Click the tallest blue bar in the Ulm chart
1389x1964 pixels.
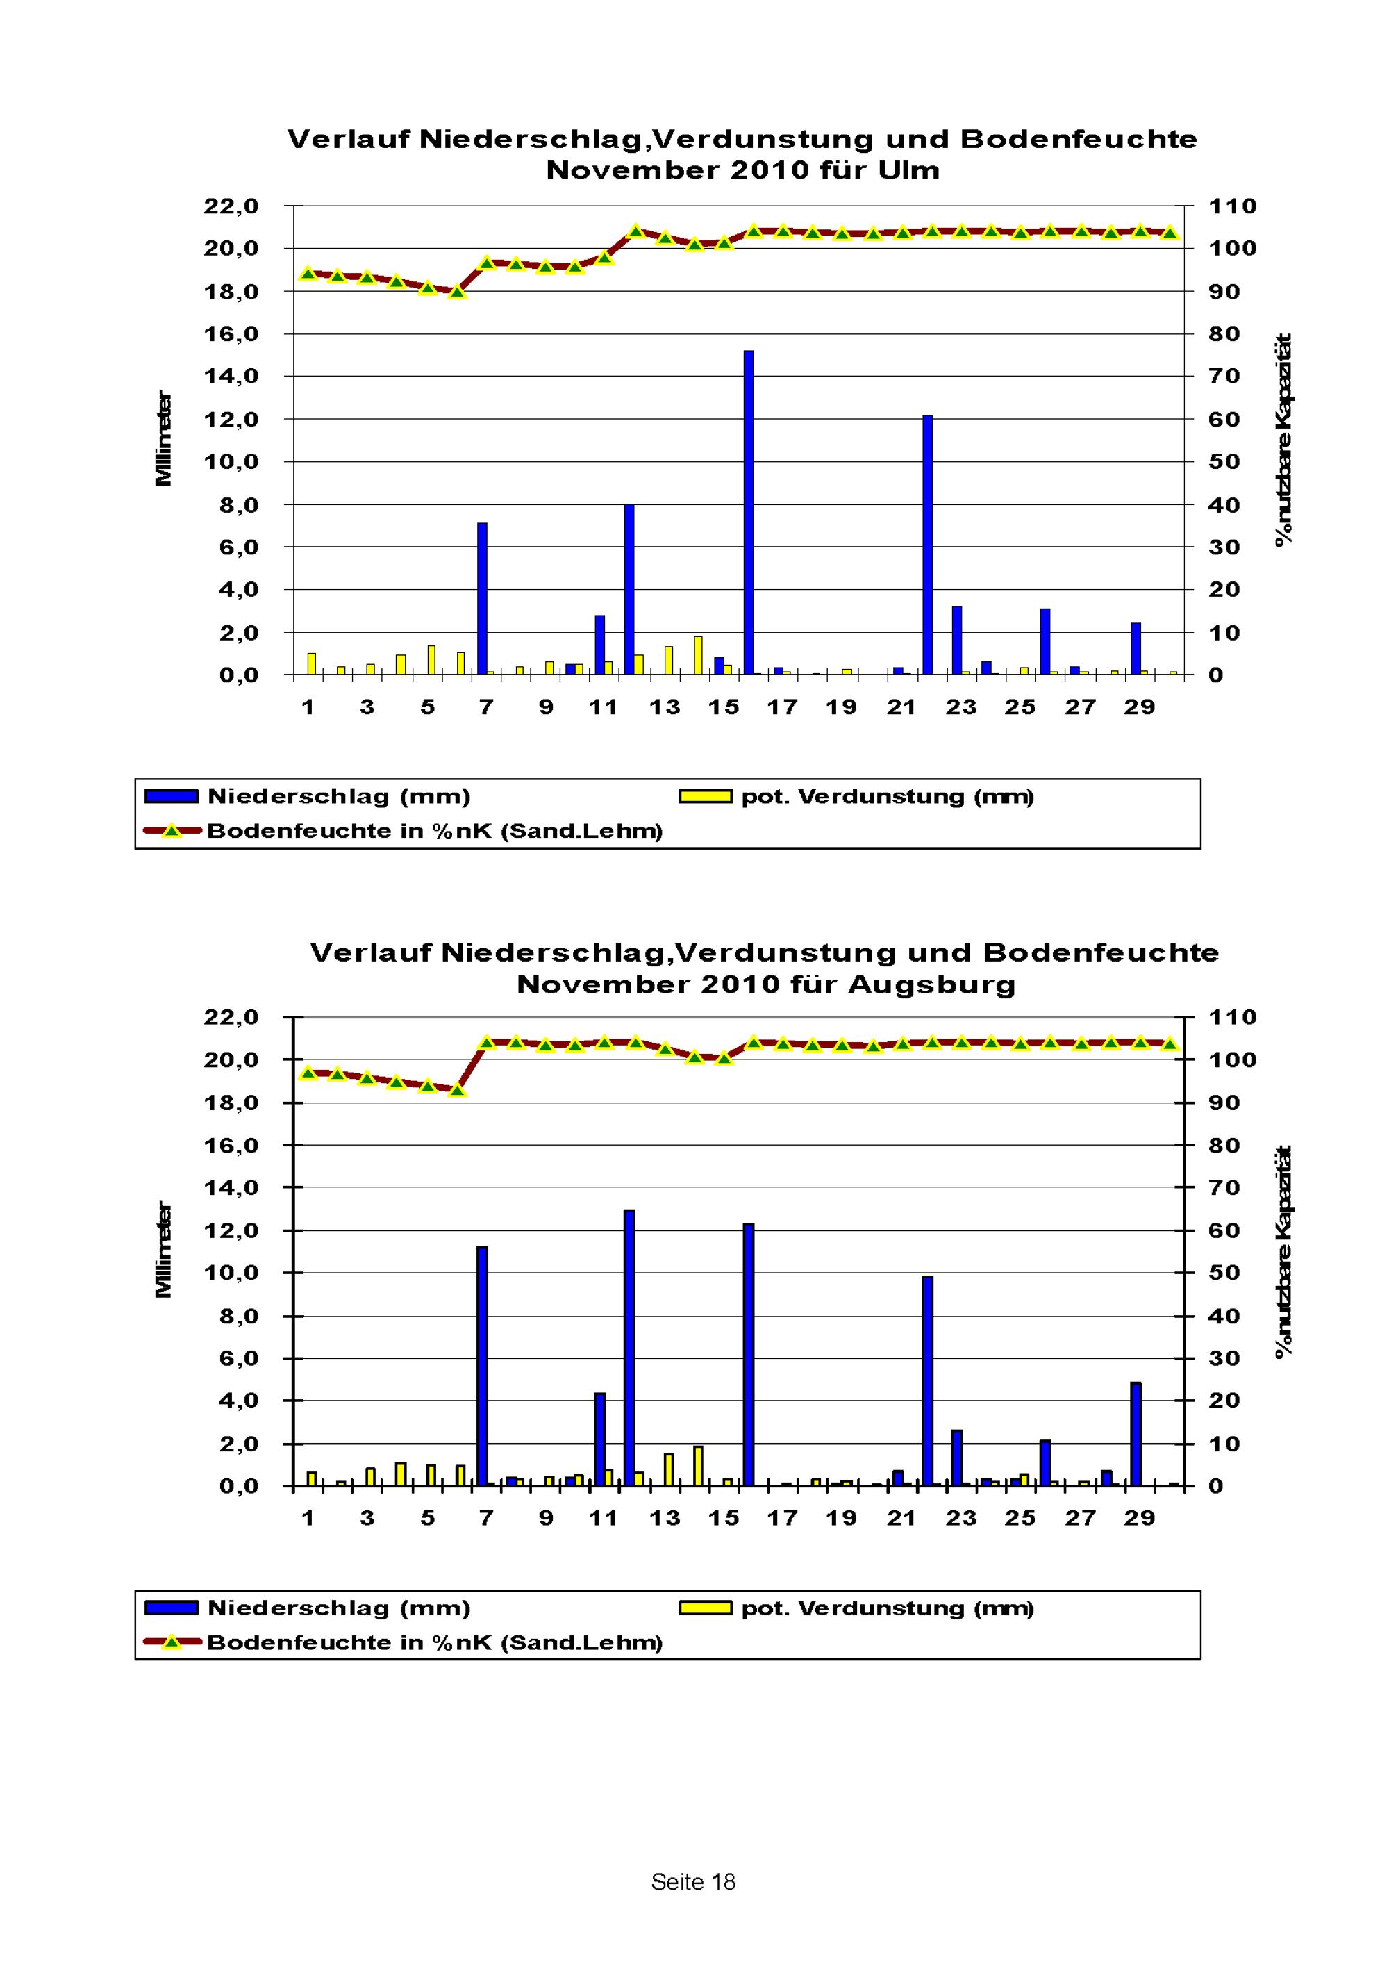tap(749, 513)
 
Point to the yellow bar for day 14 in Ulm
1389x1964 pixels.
tap(698, 655)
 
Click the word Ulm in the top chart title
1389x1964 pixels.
tap(908, 170)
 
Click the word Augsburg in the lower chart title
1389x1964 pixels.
tap(931, 984)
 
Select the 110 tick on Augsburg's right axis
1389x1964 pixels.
tap(1231, 1018)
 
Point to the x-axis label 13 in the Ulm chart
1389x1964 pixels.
tap(665, 707)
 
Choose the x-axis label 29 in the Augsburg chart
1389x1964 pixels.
tap(1139, 1519)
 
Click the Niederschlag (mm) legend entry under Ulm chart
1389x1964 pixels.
tap(308, 796)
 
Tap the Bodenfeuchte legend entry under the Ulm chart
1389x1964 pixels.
tap(403, 831)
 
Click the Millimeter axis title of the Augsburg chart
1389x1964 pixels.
tap(163, 1250)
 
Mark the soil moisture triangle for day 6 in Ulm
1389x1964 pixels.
tap(458, 292)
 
